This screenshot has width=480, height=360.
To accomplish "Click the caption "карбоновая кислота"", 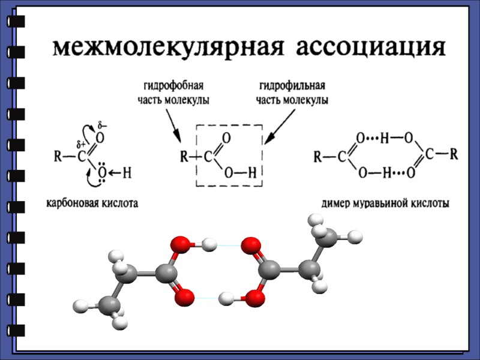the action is click(92, 203).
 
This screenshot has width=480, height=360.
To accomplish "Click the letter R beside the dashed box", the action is click(185, 158).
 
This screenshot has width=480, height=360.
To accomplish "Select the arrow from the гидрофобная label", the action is click(174, 126).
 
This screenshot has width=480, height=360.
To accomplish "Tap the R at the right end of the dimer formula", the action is click(454, 154).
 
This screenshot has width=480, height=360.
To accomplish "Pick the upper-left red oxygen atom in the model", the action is click(179, 244).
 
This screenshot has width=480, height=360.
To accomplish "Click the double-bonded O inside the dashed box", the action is click(226, 138).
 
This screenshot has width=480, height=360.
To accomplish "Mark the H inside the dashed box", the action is click(252, 174).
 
